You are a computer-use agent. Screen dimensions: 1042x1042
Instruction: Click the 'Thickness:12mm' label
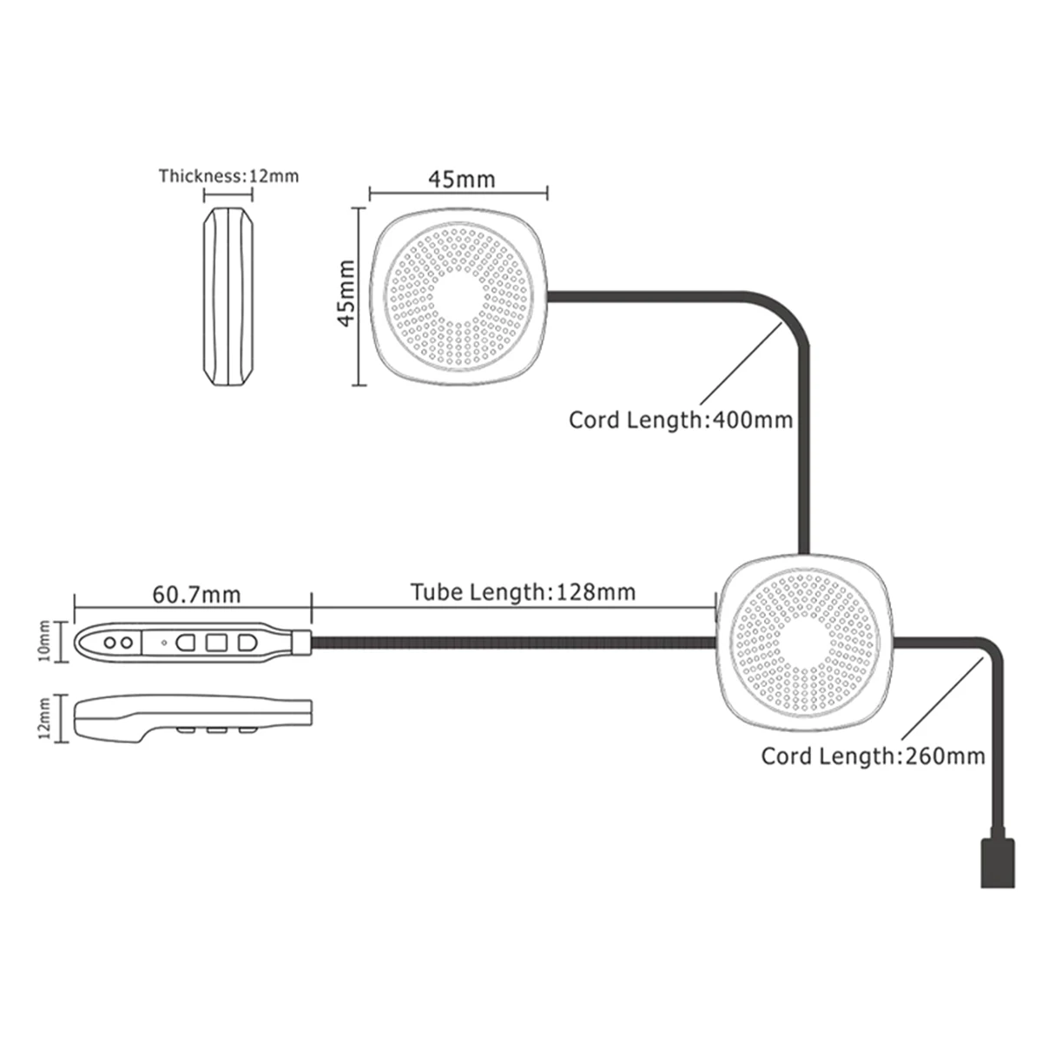pos(228,176)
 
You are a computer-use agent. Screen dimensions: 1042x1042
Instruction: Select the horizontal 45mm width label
pos(461,179)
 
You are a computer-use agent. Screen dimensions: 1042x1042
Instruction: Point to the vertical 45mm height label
pos(345,293)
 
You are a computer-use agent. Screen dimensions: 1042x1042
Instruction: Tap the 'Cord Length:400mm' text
pos(681,420)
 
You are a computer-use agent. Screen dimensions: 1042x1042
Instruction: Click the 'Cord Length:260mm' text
pos(874,755)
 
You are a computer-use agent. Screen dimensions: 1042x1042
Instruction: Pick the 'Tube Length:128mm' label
pos(523,592)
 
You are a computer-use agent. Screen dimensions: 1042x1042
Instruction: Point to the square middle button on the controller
pos(215,643)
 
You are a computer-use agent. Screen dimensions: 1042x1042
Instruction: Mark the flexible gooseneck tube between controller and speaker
pos(512,643)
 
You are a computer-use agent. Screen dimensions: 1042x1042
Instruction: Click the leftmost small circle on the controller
pos(112,642)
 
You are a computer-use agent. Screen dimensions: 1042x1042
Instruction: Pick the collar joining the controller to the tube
pos(300,643)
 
